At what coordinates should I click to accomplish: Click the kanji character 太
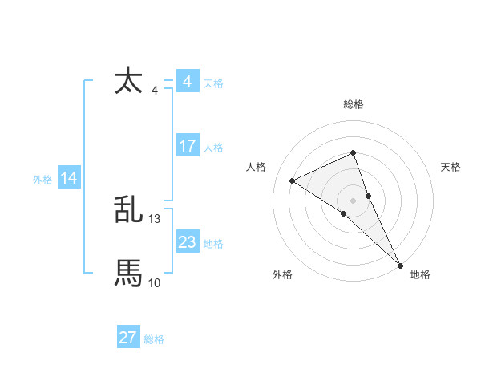(129, 81)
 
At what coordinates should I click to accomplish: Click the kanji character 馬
(129, 274)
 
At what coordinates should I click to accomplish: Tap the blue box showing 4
(188, 82)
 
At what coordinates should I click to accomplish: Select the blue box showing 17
(188, 146)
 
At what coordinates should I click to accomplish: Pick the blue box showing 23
(188, 242)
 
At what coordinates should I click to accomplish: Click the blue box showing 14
(69, 179)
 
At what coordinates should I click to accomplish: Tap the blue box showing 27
(128, 338)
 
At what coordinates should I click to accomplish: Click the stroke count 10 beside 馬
(155, 282)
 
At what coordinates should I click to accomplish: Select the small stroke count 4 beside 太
(154, 91)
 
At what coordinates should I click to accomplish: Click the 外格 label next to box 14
(42, 180)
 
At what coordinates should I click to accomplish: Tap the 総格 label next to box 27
(154, 339)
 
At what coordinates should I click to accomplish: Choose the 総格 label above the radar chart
(354, 104)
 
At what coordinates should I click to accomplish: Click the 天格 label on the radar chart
(451, 167)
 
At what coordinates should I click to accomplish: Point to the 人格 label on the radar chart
(256, 167)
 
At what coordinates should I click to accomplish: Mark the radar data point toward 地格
(401, 265)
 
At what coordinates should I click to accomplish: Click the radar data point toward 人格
(293, 180)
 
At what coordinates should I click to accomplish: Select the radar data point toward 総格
(354, 153)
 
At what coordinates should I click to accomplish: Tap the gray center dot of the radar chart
(354, 200)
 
